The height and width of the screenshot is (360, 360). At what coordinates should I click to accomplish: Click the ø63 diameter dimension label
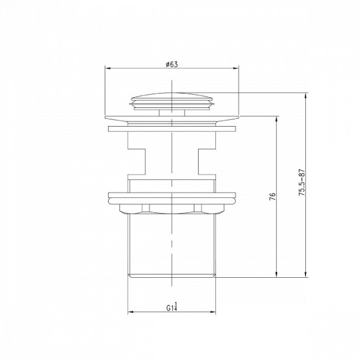(172, 64)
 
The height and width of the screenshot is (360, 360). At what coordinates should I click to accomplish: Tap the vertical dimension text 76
(272, 197)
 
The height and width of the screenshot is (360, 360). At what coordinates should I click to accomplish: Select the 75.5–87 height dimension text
(302, 182)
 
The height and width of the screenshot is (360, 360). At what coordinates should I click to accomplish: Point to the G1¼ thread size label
(172, 307)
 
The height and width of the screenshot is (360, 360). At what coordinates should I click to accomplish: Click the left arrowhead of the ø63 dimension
(108, 68)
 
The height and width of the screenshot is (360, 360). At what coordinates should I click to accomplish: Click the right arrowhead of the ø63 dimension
(236, 68)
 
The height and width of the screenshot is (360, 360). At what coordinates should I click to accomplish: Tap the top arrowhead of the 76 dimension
(277, 119)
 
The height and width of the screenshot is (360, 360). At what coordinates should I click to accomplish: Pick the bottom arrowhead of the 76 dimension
(277, 274)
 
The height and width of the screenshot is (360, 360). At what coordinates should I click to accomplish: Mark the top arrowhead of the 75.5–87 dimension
(305, 96)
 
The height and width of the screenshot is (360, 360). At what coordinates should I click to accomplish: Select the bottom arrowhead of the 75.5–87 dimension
(305, 274)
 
